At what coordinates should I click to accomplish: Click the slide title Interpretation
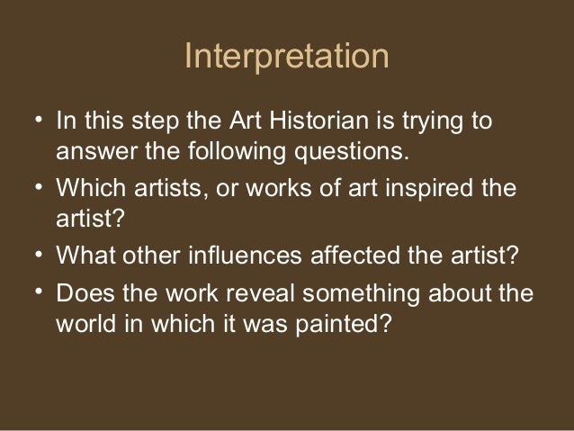(286, 57)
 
